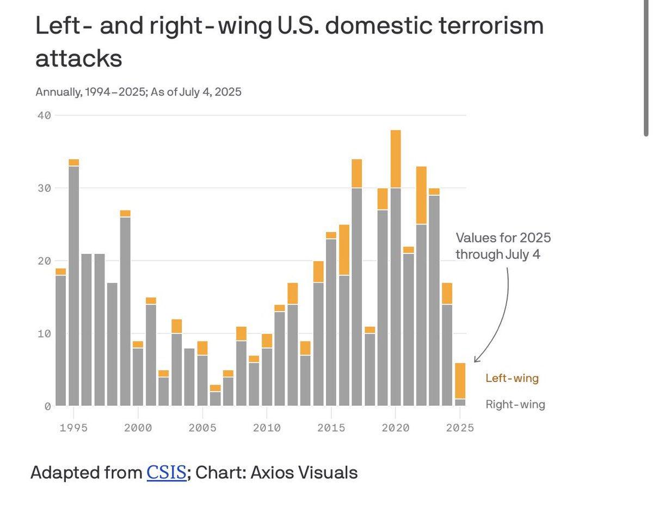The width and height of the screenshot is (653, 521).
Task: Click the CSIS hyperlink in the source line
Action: [167, 473]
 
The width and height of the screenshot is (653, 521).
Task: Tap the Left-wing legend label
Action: [512, 379]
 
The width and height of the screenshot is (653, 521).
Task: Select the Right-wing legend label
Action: [515, 405]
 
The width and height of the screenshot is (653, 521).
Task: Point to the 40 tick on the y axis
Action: [44, 115]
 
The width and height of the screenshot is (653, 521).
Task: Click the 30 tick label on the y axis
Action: [44, 188]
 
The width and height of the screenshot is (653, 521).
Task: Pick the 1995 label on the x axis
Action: [73, 428]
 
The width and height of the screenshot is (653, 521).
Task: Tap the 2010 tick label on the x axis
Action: [266, 428]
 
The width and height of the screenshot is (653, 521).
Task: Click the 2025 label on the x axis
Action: [460, 428]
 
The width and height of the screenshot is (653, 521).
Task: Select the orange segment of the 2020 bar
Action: [396, 159]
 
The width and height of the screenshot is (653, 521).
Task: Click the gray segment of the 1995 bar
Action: [73, 286]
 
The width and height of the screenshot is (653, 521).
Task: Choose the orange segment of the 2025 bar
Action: [460, 381]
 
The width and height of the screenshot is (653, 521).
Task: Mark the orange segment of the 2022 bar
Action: [421, 195]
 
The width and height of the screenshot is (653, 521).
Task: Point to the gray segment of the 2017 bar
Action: [357, 296]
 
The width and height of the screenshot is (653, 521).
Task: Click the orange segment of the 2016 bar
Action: [344, 250]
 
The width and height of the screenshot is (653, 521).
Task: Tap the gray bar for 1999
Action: [125, 311]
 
